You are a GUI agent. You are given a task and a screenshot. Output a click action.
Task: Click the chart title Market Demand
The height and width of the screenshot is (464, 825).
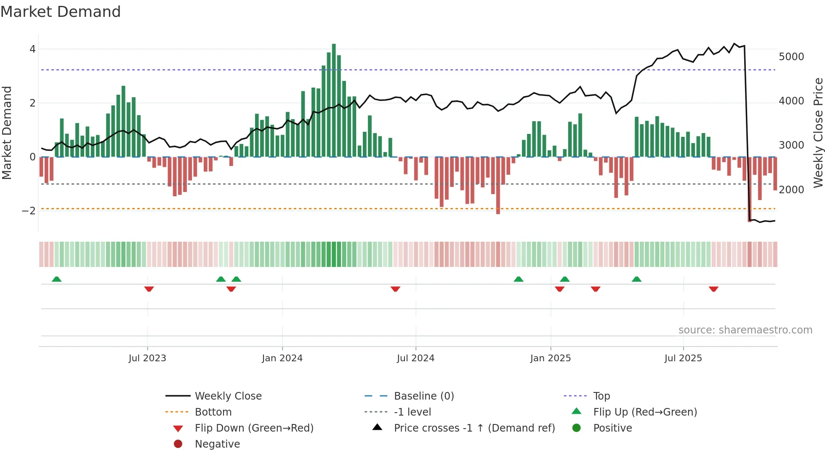[x=61, y=12]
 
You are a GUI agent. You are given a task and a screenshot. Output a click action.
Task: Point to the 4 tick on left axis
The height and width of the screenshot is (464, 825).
[x=32, y=49]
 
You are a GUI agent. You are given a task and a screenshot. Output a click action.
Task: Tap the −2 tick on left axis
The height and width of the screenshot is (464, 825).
[x=29, y=211]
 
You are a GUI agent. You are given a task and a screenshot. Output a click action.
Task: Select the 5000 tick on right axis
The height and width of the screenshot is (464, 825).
[x=791, y=56]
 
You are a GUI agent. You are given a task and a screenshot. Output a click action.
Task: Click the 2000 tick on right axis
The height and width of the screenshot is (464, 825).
[x=791, y=189]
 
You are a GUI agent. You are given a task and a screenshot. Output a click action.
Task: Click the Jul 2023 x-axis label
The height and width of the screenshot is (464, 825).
[x=147, y=358]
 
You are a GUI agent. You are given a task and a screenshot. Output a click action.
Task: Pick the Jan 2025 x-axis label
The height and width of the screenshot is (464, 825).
[x=550, y=358]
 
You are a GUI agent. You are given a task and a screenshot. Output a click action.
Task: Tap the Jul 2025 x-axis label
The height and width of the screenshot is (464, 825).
[x=683, y=358]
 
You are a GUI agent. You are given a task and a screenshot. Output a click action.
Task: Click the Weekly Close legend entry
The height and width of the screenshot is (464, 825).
[x=228, y=396]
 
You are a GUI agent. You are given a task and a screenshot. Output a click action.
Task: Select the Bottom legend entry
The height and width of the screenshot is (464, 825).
[x=213, y=412]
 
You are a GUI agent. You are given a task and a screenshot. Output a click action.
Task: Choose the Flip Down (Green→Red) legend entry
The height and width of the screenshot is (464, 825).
[x=254, y=428]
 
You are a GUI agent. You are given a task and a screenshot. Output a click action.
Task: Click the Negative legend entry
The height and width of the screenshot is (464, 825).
[x=217, y=444]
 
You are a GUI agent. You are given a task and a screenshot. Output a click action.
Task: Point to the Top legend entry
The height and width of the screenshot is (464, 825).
[x=601, y=396]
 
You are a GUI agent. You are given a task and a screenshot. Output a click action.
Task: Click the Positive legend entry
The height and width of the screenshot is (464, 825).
[x=612, y=428]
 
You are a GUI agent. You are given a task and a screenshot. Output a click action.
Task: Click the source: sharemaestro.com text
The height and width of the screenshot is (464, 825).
[x=745, y=330]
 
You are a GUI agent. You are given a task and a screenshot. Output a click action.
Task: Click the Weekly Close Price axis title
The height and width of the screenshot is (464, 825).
[x=818, y=133]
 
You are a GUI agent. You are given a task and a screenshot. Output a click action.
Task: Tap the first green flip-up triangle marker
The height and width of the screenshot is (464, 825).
[x=56, y=279]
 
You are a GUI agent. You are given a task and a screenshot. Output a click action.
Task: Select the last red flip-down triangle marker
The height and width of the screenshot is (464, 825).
[x=713, y=289]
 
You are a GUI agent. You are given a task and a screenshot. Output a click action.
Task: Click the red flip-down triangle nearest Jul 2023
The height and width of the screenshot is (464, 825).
[x=149, y=289]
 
